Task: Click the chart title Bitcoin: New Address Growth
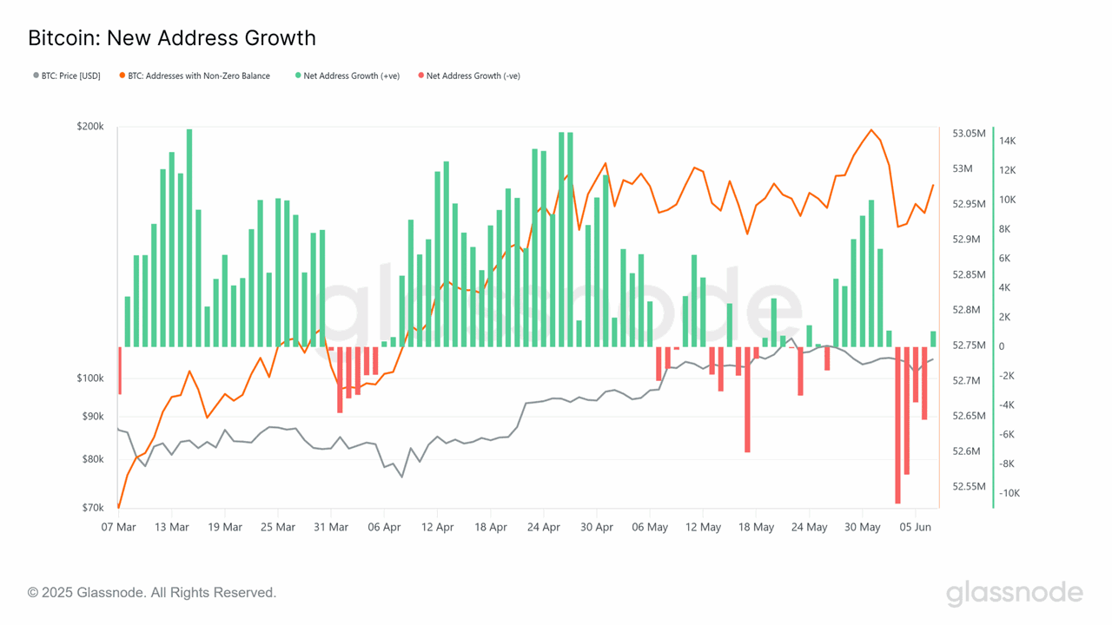click(x=172, y=38)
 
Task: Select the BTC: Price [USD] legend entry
click(x=67, y=76)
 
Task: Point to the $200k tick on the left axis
click(x=90, y=127)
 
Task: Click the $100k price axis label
click(x=90, y=378)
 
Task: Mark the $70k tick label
click(x=93, y=507)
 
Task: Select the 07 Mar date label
click(x=118, y=527)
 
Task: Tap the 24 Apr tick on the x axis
click(x=544, y=527)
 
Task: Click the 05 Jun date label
click(x=917, y=527)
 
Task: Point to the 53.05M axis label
click(x=970, y=134)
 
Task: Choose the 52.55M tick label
click(x=970, y=486)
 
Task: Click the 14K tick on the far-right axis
click(x=1008, y=141)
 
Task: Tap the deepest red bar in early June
click(x=898, y=424)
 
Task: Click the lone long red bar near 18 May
click(x=747, y=399)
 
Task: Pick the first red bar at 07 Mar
click(x=119, y=371)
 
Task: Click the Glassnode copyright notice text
click(x=152, y=593)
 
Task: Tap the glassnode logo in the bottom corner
click(x=1014, y=594)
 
